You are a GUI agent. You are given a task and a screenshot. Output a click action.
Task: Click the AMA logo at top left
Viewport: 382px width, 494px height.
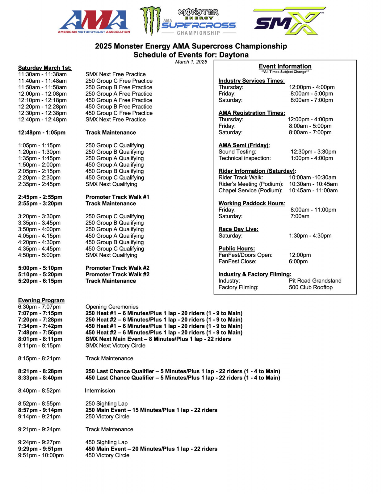[x=94, y=22]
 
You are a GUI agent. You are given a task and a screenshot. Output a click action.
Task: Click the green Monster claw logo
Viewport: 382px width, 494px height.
[x=150, y=21]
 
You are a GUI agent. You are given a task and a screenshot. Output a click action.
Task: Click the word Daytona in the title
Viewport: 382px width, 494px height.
[x=234, y=55]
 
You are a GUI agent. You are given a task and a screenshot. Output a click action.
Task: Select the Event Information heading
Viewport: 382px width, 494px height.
[x=285, y=66]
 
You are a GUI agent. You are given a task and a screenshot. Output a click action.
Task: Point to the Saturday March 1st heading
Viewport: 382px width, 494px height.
[x=45, y=68]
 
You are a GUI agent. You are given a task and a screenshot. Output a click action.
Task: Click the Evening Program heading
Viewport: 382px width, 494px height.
[x=41, y=300]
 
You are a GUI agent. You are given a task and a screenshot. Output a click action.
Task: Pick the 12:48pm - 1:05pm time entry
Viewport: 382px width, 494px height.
[x=42, y=132]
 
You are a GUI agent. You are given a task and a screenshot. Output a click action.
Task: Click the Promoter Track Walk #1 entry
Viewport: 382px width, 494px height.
[x=117, y=197]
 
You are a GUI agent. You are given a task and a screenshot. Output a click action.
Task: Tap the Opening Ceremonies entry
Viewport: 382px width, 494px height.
[x=112, y=307]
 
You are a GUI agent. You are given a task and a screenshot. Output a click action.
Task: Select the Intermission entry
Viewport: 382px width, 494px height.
[x=100, y=391]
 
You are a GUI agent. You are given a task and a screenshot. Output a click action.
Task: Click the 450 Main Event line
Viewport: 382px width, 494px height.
[x=151, y=449]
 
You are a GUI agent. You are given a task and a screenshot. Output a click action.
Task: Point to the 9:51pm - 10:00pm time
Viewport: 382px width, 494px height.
[x=41, y=455]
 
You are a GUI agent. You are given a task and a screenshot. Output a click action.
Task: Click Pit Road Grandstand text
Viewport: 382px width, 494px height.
[x=315, y=281]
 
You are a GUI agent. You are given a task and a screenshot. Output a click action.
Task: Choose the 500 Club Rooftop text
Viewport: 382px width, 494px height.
[x=311, y=287]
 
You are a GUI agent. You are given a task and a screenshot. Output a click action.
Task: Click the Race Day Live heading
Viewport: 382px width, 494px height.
[x=238, y=229]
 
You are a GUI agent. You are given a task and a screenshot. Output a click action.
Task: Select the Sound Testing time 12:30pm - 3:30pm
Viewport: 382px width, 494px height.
[x=313, y=152]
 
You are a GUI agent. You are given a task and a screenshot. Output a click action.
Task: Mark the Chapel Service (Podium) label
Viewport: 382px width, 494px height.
[x=250, y=190]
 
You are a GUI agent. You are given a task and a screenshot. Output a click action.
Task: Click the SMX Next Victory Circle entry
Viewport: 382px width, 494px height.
[x=115, y=345]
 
